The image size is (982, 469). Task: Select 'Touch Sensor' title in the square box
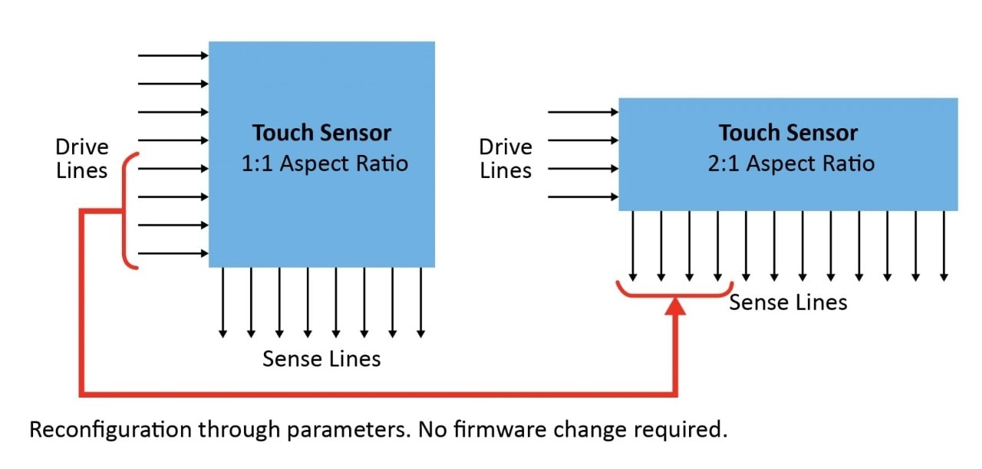click(321, 133)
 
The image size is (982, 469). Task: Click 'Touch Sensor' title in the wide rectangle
click(788, 133)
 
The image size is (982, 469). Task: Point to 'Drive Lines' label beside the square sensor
click(82, 158)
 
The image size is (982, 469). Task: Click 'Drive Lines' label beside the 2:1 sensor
click(506, 158)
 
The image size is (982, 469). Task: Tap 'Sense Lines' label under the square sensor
click(321, 358)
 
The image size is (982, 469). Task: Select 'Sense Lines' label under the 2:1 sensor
click(788, 302)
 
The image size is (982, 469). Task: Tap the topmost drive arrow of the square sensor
click(173, 55)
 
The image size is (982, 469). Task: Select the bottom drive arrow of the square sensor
click(173, 253)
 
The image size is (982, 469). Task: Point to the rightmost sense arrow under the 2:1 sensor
click(944, 246)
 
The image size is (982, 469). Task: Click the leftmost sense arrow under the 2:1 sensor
click(633, 246)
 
